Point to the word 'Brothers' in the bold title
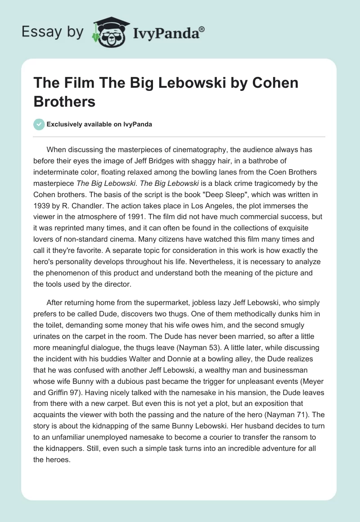64,101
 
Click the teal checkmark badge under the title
40,124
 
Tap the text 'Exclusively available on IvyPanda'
99,125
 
